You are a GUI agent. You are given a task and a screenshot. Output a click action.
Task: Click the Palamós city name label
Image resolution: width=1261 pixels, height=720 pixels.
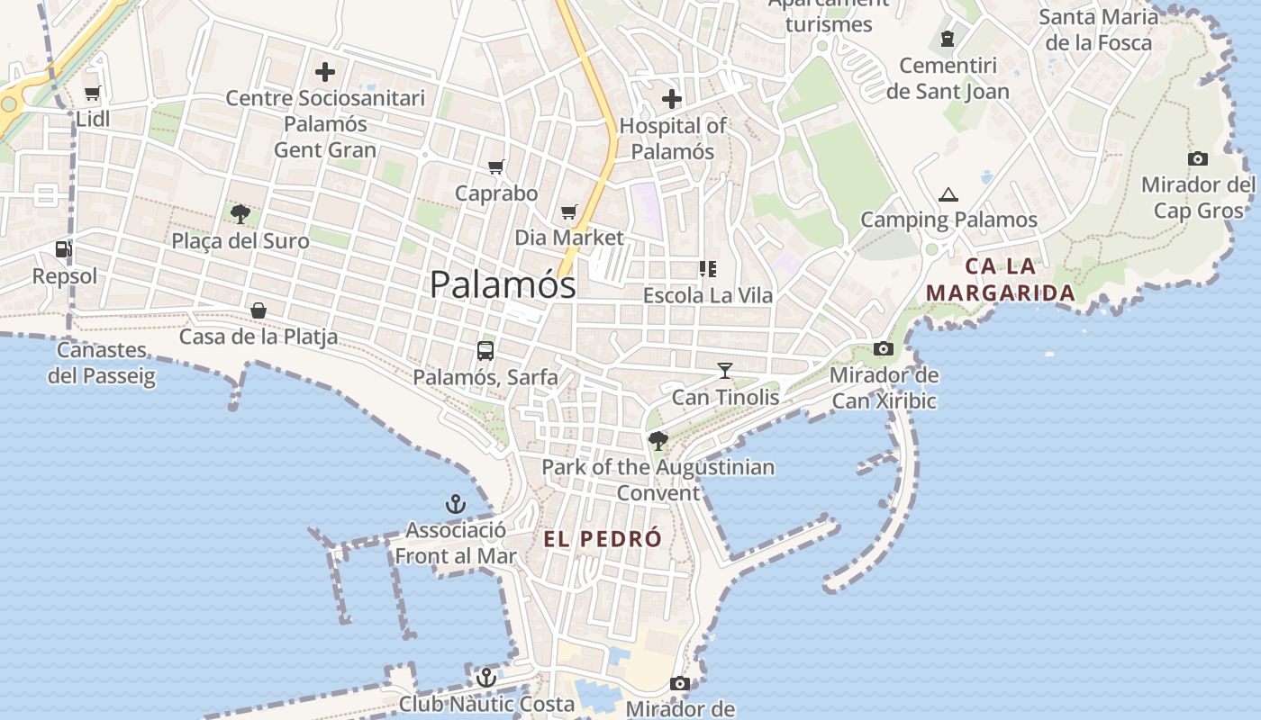point(503,285)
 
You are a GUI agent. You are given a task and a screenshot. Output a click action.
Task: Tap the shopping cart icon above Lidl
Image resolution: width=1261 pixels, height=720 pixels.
point(92,93)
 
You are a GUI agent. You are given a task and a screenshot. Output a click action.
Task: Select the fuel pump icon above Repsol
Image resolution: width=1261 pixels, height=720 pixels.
point(63,249)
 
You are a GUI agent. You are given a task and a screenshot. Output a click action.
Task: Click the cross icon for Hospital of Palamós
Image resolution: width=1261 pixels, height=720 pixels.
point(672,99)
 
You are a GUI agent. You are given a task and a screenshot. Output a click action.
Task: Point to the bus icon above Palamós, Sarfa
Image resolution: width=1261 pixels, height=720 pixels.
point(485,351)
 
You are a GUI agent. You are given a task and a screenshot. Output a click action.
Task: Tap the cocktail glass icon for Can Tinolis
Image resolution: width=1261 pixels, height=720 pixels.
point(725,370)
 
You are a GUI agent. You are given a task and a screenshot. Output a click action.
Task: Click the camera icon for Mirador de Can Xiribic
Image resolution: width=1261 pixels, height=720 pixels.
point(884,349)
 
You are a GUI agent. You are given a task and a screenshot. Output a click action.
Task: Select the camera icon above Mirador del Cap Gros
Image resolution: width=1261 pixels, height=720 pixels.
point(1198,159)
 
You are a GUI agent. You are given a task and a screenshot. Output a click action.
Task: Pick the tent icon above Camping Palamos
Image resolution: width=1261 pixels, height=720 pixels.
point(948,194)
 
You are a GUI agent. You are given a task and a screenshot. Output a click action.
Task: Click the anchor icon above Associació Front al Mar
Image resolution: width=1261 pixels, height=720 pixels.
point(456,504)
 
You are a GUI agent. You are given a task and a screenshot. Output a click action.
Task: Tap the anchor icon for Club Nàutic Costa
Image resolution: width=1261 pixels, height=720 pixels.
point(486,678)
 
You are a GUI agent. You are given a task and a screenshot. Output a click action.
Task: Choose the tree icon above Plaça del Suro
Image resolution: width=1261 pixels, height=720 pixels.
point(240,214)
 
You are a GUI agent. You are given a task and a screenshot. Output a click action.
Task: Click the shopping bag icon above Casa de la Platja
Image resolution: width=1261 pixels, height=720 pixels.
point(259,310)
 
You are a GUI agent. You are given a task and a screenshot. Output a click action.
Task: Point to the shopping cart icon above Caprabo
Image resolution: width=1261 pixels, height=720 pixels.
point(496,166)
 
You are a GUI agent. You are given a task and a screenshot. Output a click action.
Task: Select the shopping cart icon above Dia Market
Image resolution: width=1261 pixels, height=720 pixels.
point(568,212)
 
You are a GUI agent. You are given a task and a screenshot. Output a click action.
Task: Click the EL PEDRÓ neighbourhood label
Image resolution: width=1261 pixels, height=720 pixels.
point(603,539)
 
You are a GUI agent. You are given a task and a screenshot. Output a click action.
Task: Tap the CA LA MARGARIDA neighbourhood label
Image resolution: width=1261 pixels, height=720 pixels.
point(1001,279)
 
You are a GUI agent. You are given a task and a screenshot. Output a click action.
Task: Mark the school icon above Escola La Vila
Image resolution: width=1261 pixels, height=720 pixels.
point(707,268)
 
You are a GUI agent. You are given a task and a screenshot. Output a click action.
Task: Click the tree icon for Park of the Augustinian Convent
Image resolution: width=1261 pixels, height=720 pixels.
point(658,441)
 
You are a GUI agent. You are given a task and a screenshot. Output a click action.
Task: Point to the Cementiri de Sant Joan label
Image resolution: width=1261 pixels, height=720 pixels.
point(948,78)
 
